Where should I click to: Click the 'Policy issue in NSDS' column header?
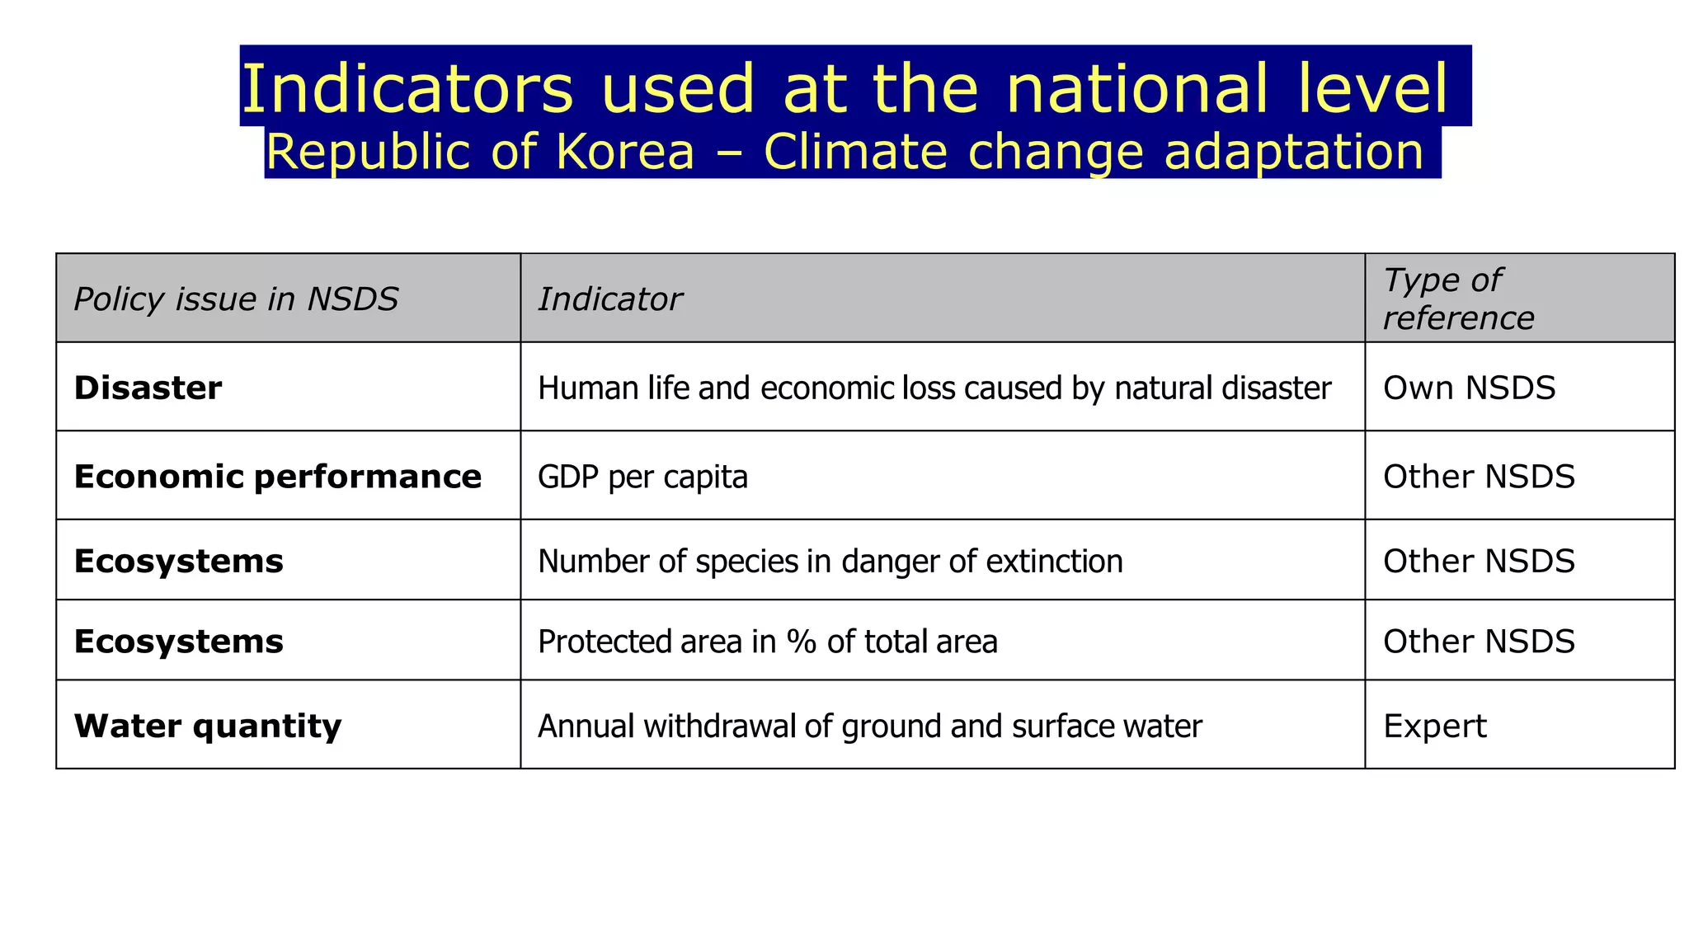coord(236,299)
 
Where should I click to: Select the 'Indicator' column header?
coord(609,299)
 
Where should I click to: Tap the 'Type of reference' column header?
coord(1458,299)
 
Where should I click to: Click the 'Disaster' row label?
coord(148,388)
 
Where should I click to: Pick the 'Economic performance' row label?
coord(277,477)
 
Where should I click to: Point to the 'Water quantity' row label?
coord(207,726)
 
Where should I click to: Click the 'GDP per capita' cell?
coord(642,477)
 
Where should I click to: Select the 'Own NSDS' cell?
coord(1469,388)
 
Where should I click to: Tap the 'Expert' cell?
coord(1434,726)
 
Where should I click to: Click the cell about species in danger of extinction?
coord(830,561)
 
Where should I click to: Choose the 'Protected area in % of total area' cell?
coord(767,641)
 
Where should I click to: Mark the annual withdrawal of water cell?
coord(869,726)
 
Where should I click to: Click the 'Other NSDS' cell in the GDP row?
coord(1479,477)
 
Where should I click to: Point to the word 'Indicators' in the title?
coord(407,88)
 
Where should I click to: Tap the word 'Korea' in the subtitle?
coord(625,152)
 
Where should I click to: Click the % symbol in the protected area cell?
coord(801,641)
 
